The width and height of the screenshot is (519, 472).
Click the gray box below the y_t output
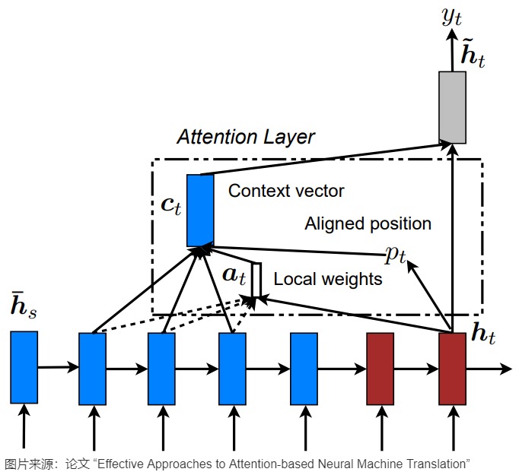453,107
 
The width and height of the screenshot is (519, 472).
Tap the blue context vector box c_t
200,211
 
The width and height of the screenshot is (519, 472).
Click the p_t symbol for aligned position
396,254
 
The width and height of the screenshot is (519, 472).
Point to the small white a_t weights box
257,280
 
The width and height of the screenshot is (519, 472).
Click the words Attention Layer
245,137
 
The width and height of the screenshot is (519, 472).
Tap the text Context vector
286,191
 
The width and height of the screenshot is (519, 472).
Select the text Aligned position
368,224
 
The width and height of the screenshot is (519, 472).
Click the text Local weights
327,280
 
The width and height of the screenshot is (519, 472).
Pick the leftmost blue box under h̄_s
24,367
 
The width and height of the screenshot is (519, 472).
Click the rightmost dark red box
452,368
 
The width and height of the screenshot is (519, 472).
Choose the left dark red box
380,368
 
